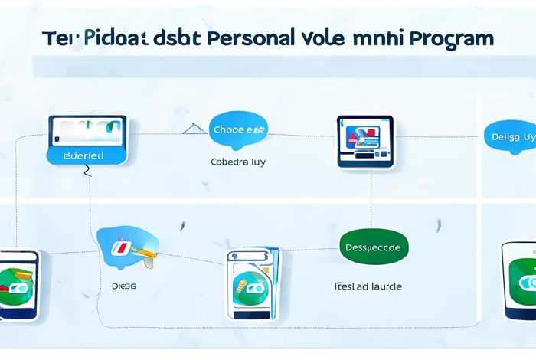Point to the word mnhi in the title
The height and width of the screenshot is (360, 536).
[377, 38]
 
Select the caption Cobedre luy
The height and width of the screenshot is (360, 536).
[239, 162]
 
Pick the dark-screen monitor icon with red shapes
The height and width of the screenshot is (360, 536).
[364, 140]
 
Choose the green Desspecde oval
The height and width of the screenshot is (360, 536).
[374, 248]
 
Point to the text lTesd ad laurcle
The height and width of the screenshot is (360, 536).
[368, 286]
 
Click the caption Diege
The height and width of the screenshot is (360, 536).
[123, 286]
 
